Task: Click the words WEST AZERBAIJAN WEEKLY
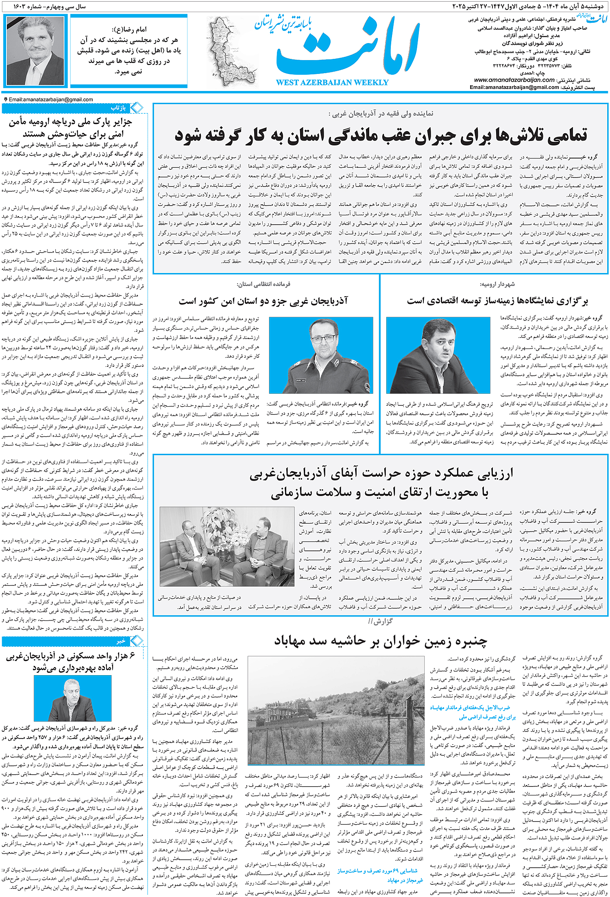[x=332, y=82]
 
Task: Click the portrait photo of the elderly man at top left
[x=35, y=51]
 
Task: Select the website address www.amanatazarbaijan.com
[x=514, y=80]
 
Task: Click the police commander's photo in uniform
[x=321, y=355]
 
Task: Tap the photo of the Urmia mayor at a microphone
[x=438, y=355]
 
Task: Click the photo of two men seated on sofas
[x=227, y=546]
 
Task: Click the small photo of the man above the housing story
[x=72, y=698]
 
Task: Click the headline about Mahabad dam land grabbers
[x=380, y=641]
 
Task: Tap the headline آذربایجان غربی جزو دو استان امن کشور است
[x=263, y=301]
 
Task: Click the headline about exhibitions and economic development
[x=497, y=301]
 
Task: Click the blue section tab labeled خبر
[x=121, y=641]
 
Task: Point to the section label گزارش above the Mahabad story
[x=380, y=621]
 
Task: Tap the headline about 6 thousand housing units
[x=73, y=661]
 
